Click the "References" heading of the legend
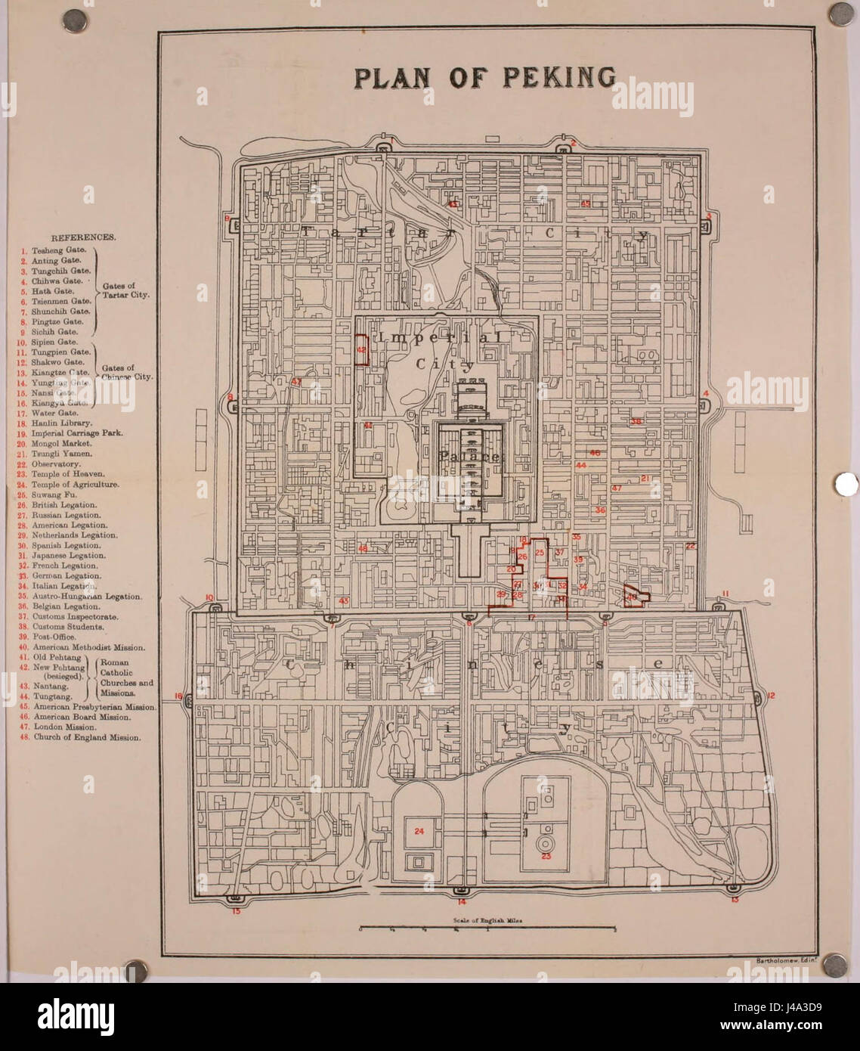(x=83, y=237)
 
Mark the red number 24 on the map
(x=419, y=830)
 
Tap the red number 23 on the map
(x=546, y=856)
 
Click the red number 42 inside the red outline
(x=361, y=350)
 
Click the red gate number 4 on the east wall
(x=705, y=393)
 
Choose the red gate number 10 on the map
(x=210, y=597)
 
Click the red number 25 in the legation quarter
(x=540, y=553)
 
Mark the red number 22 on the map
(x=690, y=546)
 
